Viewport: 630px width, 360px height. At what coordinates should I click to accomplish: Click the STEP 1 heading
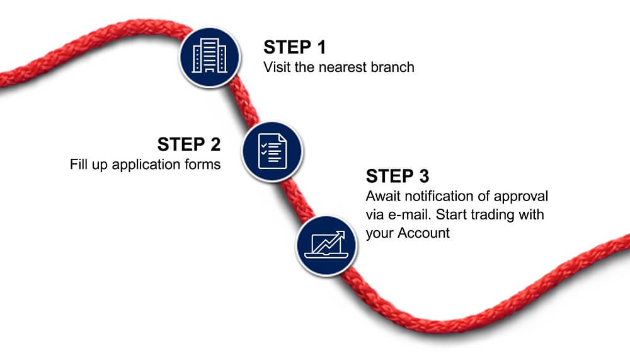point(294,47)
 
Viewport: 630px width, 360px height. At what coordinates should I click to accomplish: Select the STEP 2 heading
point(189,144)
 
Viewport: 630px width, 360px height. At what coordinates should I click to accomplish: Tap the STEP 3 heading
point(398,176)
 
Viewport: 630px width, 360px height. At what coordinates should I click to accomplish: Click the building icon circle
point(209,57)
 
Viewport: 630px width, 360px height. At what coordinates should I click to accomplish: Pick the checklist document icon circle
point(272,152)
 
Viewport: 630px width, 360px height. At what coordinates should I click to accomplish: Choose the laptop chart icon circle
point(326,246)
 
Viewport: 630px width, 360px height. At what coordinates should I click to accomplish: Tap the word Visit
point(277,67)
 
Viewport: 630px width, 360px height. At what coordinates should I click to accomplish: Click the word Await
point(383,196)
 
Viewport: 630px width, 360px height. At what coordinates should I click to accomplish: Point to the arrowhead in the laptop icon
point(341,235)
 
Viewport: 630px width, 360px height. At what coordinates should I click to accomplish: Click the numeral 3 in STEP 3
point(424,176)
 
